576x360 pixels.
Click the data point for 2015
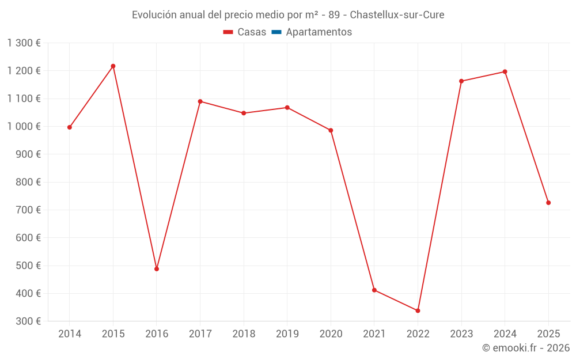point(113,66)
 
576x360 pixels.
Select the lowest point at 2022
point(418,310)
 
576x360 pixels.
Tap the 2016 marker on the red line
point(157,269)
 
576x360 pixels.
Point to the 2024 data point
point(505,72)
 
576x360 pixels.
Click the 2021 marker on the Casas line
point(374,290)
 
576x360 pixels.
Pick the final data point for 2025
point(548,203)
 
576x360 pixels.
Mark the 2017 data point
point(200,101)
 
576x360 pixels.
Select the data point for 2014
point(70,127)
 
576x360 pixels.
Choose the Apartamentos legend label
point(319,32)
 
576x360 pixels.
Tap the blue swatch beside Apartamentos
point(276,32)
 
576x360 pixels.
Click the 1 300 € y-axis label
point(24,43)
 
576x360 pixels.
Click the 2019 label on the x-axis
point(287,334)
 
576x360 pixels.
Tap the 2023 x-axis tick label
point(461,334)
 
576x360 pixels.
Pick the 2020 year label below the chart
point(331,334)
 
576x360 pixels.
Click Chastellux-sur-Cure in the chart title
point(397,15)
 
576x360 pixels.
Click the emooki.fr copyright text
point(525,348)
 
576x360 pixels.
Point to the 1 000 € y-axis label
point(24,127)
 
